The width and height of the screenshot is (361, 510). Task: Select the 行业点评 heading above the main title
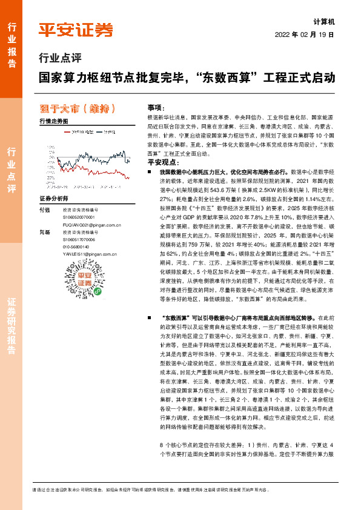(x=60, y=58)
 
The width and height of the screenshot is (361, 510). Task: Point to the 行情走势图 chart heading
(x=53, y=121)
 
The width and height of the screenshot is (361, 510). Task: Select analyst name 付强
(x=44, y=209)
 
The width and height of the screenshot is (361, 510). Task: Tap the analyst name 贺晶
(x=44, y=231)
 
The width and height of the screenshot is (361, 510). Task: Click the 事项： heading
(x=157, y=106)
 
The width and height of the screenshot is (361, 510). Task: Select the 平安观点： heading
(x=162, y=162)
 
